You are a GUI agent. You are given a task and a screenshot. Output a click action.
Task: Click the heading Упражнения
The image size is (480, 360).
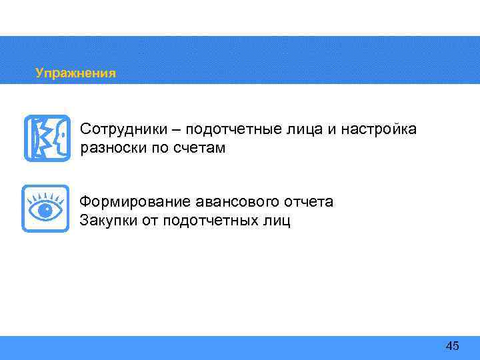click(75, 73)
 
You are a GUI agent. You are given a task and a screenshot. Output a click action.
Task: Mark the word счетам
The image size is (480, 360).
click(201, 148)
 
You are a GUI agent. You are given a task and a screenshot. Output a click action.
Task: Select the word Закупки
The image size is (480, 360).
click(109, 220)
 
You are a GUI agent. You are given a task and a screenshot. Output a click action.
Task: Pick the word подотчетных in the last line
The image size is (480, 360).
click(209, 220)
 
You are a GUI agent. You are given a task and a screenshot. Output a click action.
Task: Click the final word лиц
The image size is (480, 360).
click(275, 220)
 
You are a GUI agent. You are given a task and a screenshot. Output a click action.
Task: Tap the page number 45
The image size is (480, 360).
click(452, 345)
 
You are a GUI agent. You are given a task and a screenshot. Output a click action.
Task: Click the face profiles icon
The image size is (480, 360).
click(46, 138)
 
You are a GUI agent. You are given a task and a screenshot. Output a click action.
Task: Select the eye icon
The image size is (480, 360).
click(45, 209)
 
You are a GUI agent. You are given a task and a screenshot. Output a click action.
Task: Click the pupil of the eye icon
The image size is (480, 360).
click(46, 211)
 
